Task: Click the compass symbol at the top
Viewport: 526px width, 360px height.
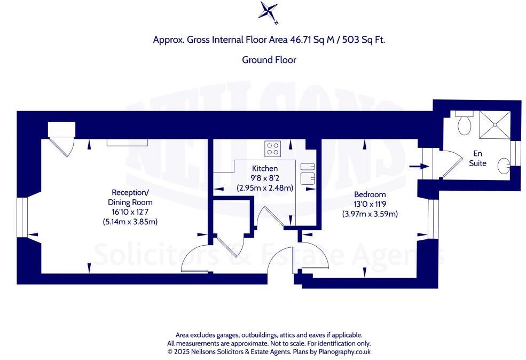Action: pyautogui.click(x=269, y=12)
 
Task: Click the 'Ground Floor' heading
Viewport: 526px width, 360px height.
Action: pyautogui.click(x=269, y=60)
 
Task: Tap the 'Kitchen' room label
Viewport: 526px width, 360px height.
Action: pyautogui.click(x=265, y=168)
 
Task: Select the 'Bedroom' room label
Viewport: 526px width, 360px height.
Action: pyautogui.click(x=370, y=194)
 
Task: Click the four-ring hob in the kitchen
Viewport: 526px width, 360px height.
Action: pyautogui.click(x=273, y=148)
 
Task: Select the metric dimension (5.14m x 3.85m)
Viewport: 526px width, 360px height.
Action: pyautogui.click(x=131, y=222)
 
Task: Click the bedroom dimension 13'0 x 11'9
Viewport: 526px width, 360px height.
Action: pyautogui.click(x=370, y=204)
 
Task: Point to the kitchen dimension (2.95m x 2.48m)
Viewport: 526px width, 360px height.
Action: pyautogui.click(x=265, y=187)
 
